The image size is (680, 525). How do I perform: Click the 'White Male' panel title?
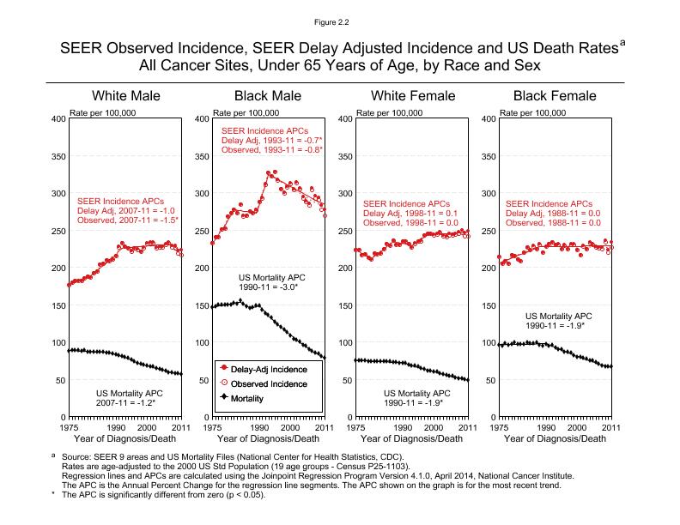[125, 96]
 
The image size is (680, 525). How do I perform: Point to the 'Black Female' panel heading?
[554, 96]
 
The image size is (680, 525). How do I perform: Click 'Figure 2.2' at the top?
[339, 15]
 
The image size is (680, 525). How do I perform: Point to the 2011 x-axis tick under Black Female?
[610, 426]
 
